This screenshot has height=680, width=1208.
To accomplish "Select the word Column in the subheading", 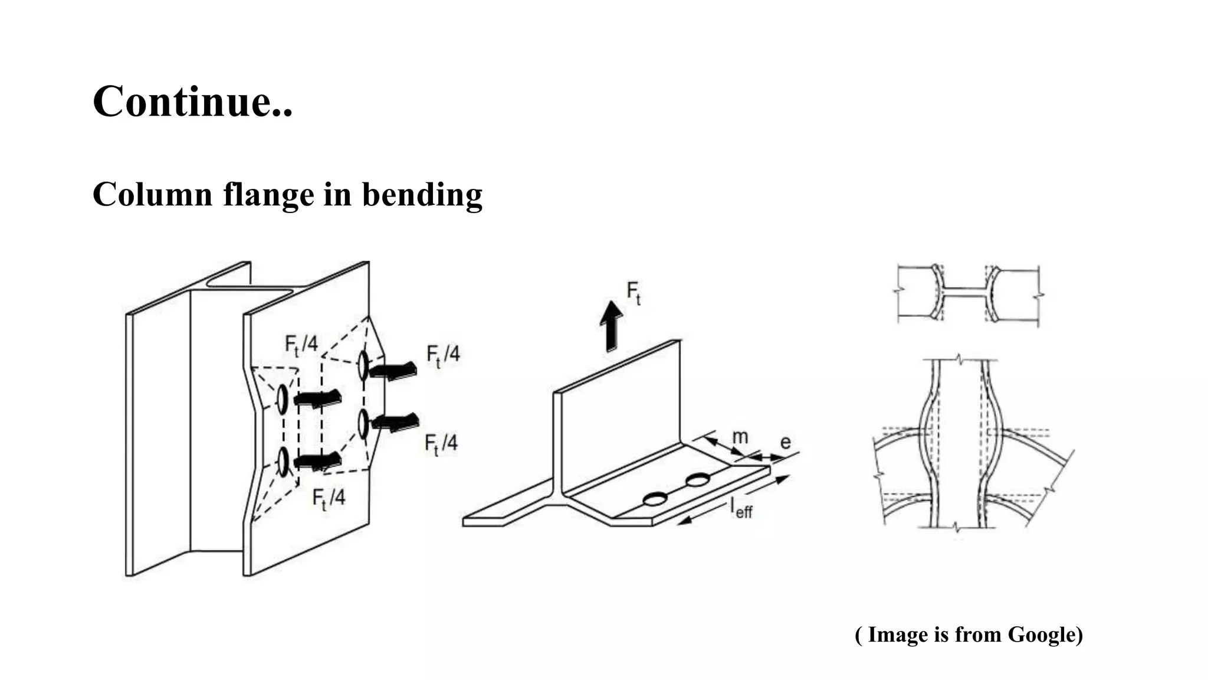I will pyautogui.click(x=152, y=195).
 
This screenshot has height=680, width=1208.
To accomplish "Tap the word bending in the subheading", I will pyautogui.click(x=422, y=195).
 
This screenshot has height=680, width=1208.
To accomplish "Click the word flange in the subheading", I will pyautogui.click(x=268, y=195).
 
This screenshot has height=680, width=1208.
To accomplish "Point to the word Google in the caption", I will pyautogui.click(x=1045, y=635).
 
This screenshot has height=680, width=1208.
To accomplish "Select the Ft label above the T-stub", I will pyautogui.click(x=633, y=292).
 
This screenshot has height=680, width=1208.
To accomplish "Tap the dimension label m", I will pyautogui.click(x=740, y=437).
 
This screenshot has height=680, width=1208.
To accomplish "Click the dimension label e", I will pyautogui.click(x=785, y=442).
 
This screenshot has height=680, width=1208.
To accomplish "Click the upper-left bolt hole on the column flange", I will pyautogui.click(x=283, y=399).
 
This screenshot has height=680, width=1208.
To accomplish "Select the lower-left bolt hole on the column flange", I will pyautogui.click(x=284, y=462).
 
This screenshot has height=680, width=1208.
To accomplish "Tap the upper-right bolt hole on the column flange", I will pyautogui.click(x=363, y=365).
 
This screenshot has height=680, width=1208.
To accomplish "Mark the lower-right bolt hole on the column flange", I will pyautogui.click(x=363, y=424).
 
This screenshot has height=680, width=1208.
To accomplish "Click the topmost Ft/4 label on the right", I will pyautogui.click(x=443, y=355).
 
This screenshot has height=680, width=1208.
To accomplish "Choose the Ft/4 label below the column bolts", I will pyautogui.click(x=329, y=498).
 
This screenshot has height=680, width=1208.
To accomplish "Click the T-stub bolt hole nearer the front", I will pyautogui.click(x=654, y=499).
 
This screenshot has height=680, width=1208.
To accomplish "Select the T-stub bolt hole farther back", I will pyautogui.click(x=698, y=479).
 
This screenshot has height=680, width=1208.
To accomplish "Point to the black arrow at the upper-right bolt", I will pyautogui.click(x=393, y=371).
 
